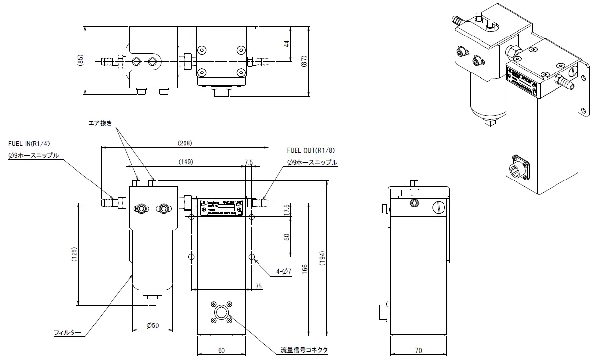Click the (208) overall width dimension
tap(185, 143)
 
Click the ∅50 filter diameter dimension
tap(152, 325)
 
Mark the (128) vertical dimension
tap(74, 253)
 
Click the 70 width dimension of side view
tap(418, 351)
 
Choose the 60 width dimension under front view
tap(221, 351)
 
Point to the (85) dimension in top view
tap(81, 59)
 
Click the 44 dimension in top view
tap(286, 44)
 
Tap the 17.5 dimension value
tap(286, 210)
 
